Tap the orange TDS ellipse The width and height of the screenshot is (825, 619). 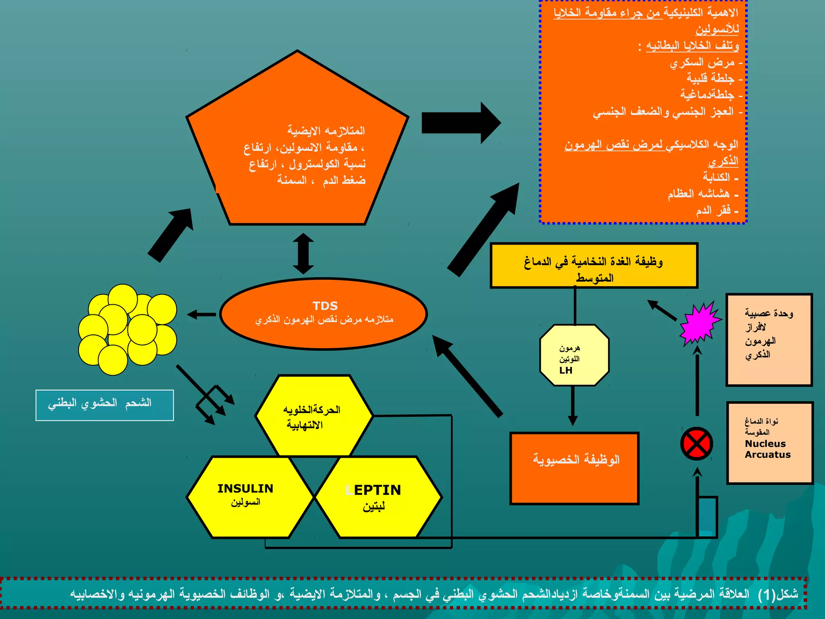(323, 314)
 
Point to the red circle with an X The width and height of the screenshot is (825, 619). (696, 444)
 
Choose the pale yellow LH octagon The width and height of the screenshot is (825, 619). (574, 355)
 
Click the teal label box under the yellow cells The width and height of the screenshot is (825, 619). (105, 405)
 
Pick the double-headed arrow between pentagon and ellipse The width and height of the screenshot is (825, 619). (303, 253)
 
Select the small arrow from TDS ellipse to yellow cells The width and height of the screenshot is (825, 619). (201, 314)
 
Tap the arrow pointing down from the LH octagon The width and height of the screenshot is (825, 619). (572, 405)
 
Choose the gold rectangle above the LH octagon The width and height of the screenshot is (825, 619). (593, 265)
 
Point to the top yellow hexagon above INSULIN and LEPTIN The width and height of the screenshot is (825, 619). (314, 415)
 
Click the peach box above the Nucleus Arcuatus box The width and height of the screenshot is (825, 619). (769, 340)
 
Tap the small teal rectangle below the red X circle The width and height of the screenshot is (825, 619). (707, 517)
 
